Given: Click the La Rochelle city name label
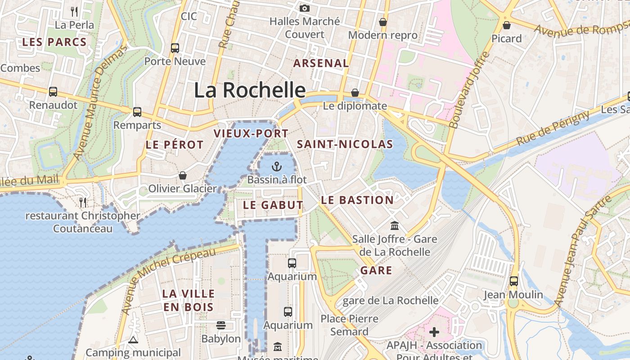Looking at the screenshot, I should pyautogui.click(x=250, y=90).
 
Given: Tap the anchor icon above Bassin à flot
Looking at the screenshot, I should pyautogui.click(x=277, y=167).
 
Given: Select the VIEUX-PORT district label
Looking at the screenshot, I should pyautogui.click(x=251, y=134).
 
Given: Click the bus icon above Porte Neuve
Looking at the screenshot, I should pyautogui.click(x=175, y=48).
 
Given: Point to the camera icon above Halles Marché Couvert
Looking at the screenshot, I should pyautogui.click(x=305, y=8).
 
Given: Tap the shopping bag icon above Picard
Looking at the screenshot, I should pyautogui.click(x=507, y=25).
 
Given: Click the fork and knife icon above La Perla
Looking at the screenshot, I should pyautogui.click(x=75, y=11).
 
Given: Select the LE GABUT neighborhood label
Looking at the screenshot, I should pyautogui.click(x=273, y=205).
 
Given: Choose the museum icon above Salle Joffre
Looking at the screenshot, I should pyautogui.click(x=395, y=225).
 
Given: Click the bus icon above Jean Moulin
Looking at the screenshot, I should pyautogui.click(x=513, y=281).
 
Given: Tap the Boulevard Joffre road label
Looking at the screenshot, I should pyautogui.click(x=469, y=90).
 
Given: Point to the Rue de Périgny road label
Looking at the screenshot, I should pyautogui.click(x=553, y=128).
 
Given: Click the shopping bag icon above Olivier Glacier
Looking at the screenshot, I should pyautogui.click(x=183, y=175).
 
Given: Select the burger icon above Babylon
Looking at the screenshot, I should pyautogui.click(x=221, y=325).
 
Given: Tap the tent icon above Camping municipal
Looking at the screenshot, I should pyautogui.click(x=133, y=340).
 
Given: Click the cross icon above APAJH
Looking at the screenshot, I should pyautogui.click(x=434, y=333).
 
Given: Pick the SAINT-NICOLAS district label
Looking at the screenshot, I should pyautogui.click(x=345, y=144).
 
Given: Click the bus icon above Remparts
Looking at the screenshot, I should pyautogui.click(x=137, y=112).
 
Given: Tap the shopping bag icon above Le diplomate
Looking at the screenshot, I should pyautogui.click(x=355, y=93).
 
